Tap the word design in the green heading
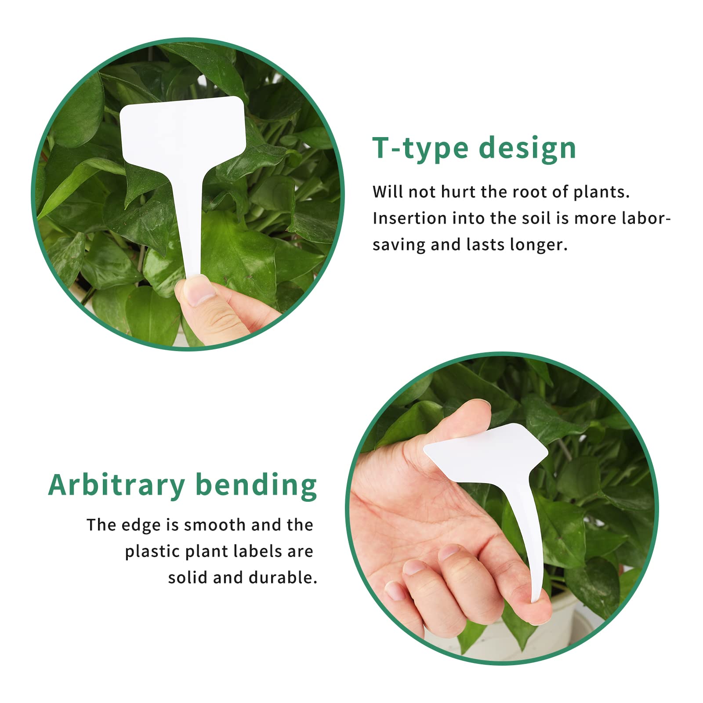(x=527, y=149)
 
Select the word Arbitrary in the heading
(x=116, y=485)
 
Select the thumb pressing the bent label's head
(x=461, y=422)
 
